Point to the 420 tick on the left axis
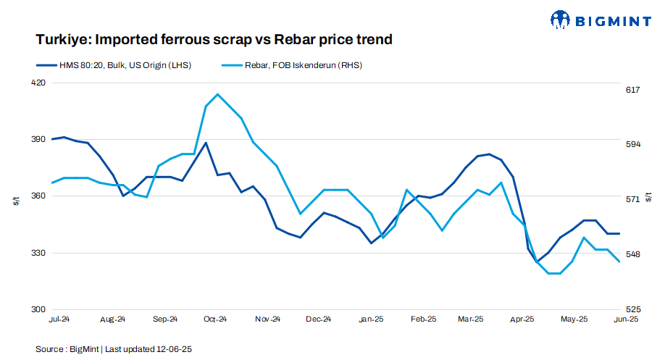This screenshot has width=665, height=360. coord(37,83)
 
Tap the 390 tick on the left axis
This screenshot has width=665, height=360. coord(37,139)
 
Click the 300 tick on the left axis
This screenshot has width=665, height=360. coord(37,309)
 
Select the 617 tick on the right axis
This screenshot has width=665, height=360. coord(632,90)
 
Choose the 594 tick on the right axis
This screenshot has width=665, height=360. coord(632,144)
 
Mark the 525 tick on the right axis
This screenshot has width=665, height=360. coord(632,309)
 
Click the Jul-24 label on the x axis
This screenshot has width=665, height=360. coord(59,319)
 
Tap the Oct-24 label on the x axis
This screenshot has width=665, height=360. coord(215,319)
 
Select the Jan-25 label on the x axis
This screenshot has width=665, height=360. coord(371,319)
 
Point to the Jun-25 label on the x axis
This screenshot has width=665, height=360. coord(626,319)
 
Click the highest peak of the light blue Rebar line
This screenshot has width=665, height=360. coord(217,94)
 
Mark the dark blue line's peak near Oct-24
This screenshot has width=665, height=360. coord(206,143)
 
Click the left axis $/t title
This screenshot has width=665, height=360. coord(17,201)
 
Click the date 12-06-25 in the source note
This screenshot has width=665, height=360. coord(175,349)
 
